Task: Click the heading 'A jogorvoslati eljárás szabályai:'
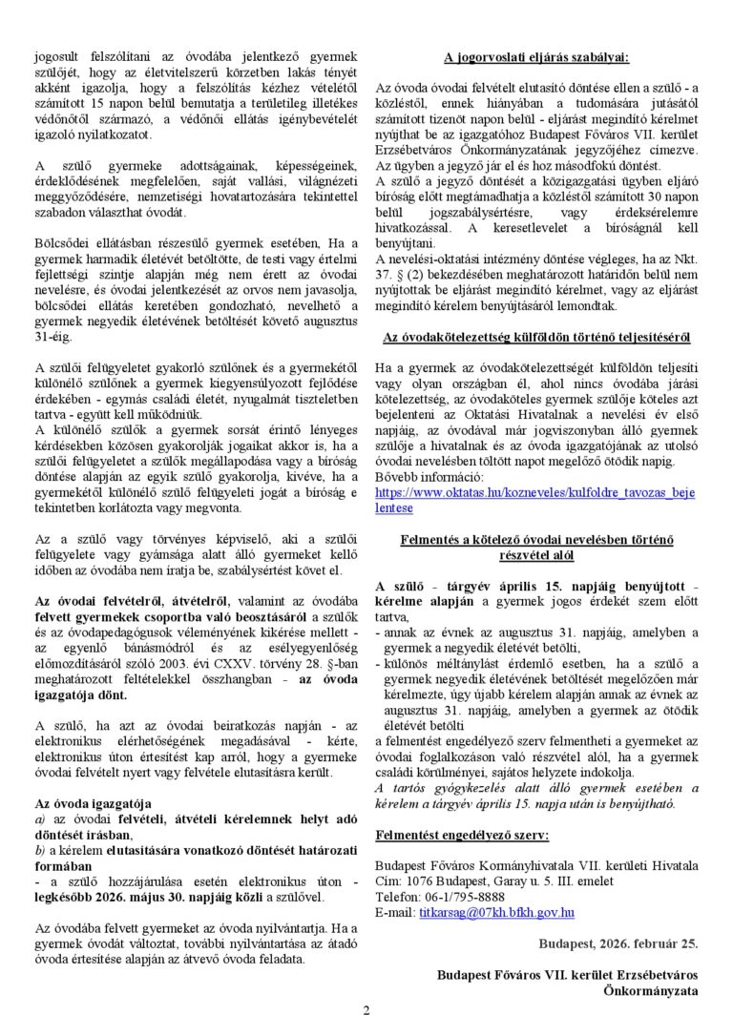[536, 58]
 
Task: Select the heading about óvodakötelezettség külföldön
[536, 337]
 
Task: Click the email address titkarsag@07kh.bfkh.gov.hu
[496, 912]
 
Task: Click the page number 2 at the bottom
[366, 1011]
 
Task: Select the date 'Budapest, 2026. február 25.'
[618, 943]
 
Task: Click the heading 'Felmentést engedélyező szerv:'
[462, 835]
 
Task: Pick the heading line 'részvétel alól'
[536, 554]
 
